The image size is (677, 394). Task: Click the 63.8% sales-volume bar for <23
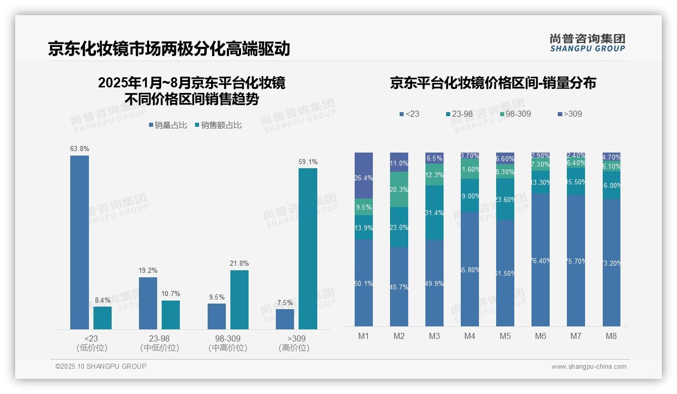coord(79,242)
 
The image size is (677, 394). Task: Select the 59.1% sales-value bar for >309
coord(308,249)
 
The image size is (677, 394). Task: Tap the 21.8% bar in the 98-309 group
coord(239,300)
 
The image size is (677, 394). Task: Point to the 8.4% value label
coord(103,300)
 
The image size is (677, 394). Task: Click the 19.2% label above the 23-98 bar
coord(148,271)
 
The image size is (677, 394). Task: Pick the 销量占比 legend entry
coord(167,125)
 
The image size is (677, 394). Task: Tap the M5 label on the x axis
coord(505,336)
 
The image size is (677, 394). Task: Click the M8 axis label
coord(611,336)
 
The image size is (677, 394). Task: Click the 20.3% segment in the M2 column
coord(399,189)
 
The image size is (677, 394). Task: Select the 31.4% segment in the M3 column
coord(434,213)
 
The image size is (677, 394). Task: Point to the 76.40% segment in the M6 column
coord(541,260)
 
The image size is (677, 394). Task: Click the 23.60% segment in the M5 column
coord(505,199)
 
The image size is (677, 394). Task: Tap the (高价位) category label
coord(294,348)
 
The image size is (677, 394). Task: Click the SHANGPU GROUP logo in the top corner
coord(587,42)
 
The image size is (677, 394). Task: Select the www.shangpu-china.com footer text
coord(589,367)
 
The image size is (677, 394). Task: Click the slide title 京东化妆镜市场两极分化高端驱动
coord(169,49)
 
